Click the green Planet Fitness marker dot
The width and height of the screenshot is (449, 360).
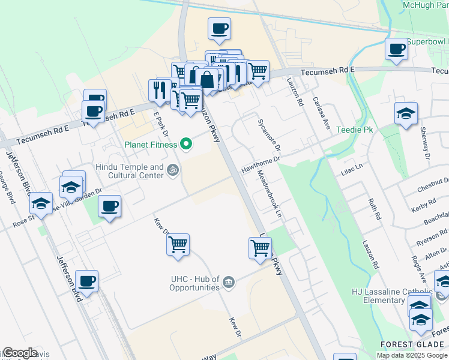point(186,144)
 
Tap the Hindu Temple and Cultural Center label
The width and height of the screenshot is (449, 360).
point(129,171)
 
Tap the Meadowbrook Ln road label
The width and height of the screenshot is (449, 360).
point(269,193)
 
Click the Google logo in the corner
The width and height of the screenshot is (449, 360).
point(20,353)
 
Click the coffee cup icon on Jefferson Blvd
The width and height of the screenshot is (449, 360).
point(86,281)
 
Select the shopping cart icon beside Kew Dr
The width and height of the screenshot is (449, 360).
point(178,245)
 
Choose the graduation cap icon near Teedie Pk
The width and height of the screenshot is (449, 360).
point(406,113)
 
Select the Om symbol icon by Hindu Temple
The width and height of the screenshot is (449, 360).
point(173,170)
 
